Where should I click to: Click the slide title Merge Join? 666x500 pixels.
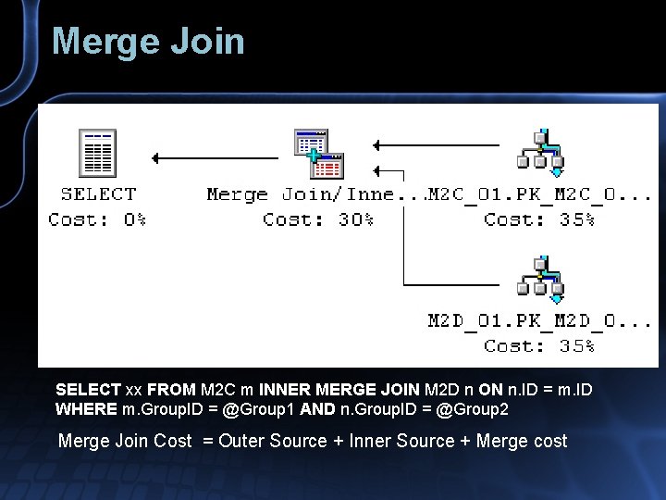click(148, 42)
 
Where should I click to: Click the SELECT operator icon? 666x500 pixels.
click(97, 153)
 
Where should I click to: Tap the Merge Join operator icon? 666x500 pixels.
click(318, 154)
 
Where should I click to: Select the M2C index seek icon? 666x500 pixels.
click(540, 148)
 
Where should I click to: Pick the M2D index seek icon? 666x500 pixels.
click(540, 277)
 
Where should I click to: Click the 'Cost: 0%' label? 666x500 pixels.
click(97, 220)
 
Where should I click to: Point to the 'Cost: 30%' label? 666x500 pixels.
click(318, 220)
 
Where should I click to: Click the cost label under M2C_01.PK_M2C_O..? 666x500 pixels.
click(540, 220)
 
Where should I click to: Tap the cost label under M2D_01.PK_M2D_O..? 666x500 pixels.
click(540, 346)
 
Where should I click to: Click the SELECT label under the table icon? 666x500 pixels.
click(98, 194)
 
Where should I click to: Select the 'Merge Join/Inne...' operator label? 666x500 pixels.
click(314, 194)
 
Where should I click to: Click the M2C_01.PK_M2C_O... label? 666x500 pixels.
click(540, 194)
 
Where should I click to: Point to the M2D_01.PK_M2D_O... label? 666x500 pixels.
click(540, 321)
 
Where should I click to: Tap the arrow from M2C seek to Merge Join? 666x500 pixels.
click(435, 144)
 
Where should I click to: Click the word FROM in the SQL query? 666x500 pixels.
click(171, 390)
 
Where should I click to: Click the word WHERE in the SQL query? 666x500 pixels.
click(86, 409)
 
